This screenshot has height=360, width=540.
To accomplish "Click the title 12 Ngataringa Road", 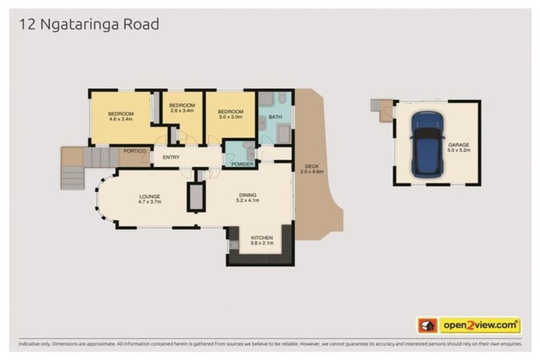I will pyautogui.click(x=89, y=25).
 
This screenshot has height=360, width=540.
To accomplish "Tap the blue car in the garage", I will pyautogui.click(x=427, y=143).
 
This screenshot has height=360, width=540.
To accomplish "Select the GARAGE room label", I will pyautogui.click(x=458, y=145).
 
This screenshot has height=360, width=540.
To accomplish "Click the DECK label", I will pyautogui.click(x=309, y=167).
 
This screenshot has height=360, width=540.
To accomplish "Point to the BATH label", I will pyautogui.click(x=275, y=116).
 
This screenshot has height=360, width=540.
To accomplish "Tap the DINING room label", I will pyautogui.click(x=247, y=195).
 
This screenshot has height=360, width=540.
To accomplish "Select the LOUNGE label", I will pyautogui.click(x=149, y=196).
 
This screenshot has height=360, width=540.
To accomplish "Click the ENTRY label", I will pyautogui.click(x=171, y=157).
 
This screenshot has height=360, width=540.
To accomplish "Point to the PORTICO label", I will pyautogui.click(x=134, y=150).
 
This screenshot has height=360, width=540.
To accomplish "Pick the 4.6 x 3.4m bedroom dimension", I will pyautogui.click(x=121, y=119).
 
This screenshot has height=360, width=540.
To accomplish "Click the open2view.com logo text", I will pyautogui.click(x=480, y=325).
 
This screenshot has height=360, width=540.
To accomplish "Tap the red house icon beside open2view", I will pyautogui.click(x=427, y=325).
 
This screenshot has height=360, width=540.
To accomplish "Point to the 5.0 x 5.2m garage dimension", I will pyautogui.click(x=458, y=150).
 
